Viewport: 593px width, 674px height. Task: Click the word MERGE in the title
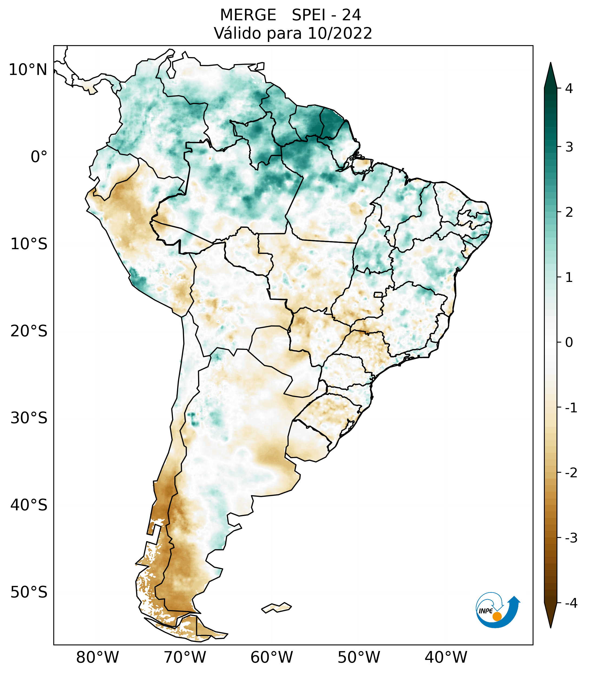tap(248, 15)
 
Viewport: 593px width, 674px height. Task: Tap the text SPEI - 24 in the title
tap(326, 15)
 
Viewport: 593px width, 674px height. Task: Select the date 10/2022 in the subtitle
tap(340, 33)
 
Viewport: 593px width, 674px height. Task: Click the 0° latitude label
tap(39, 157)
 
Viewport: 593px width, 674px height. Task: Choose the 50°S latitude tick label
tap(29, 592)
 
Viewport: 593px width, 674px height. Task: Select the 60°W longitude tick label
tap(271, 657)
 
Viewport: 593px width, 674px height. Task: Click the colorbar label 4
tap(569, 88)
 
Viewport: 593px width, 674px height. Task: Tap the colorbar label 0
tap(569, 343)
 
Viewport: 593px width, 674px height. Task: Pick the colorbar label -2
tap(571, 473)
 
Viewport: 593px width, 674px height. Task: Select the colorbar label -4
tap(571, 603)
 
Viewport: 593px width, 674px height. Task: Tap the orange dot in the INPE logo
tap(497, 616)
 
